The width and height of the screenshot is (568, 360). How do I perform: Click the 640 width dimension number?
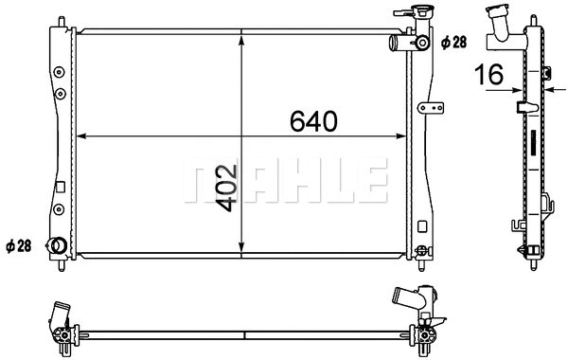[x=313, y=121]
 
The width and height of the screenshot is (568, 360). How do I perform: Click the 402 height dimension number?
[x=226, y=189]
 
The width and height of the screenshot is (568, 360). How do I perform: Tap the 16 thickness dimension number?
[x=489, y=74]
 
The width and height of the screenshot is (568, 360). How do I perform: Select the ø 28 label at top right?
[x=453, y=43]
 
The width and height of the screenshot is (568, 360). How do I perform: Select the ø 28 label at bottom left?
[x=19, y=246]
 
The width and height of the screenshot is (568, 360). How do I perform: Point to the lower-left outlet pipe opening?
[x=57, y=245]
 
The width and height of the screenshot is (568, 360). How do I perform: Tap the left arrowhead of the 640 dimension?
[x=81, y=136]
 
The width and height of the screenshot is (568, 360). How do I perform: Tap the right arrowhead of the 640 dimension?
[x=401, y=136]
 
